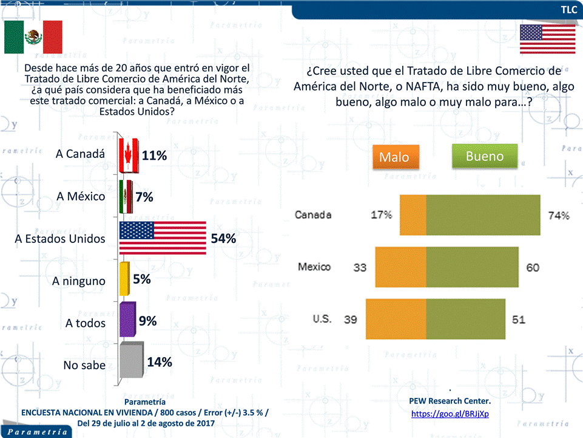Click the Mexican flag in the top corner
click(33, 37)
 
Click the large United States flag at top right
click(539, 40)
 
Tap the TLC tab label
click(568, 10)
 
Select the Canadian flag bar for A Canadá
click(129, 154)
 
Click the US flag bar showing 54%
click(163, 238)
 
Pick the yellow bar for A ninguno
click(124, 279)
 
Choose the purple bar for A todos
click(127, 320)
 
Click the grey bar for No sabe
click(131, 361)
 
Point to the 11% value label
click(154, 156)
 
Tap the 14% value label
click(160, 362)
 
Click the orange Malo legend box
click(394, 157)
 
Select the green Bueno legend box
click(485, 156)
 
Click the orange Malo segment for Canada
click(413, 214)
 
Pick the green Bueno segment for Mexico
click(473, 267)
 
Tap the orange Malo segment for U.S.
click(396, 319)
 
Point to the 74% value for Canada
click(559, 215)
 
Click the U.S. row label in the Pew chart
click(322, 318)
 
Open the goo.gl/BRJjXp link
click(450, 414)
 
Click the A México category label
click(81, 196)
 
